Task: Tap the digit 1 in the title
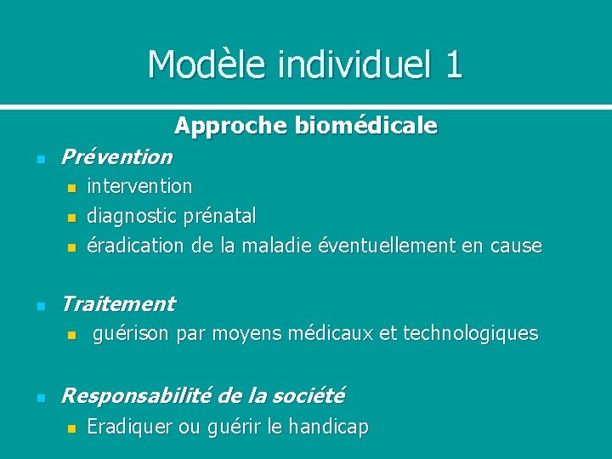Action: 453,65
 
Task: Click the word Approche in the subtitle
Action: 230,127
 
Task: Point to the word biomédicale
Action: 366,127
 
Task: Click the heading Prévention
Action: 116,157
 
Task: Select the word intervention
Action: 139,185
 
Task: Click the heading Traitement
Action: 118,303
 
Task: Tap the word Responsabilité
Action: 137,395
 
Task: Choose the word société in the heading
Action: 310,395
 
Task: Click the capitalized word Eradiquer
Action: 129,428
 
